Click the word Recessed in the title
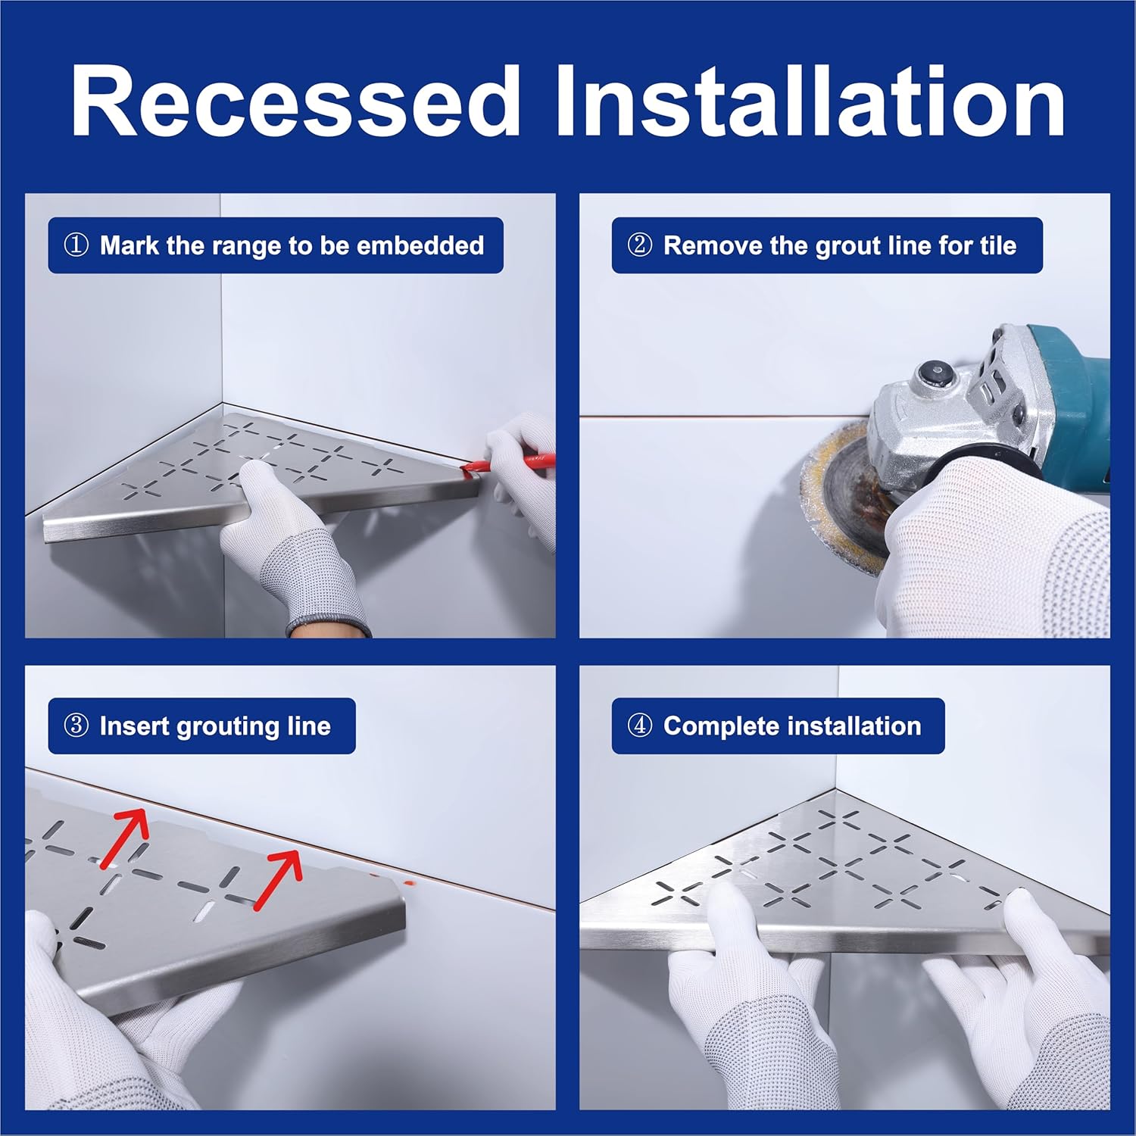[296, 101]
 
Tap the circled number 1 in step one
[76, 245]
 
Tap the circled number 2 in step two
[639, 245]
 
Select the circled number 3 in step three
[76, 726]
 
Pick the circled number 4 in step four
[639, 726]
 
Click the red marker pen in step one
[507, 464]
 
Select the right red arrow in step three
[277, 879]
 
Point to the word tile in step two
[997, 245]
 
